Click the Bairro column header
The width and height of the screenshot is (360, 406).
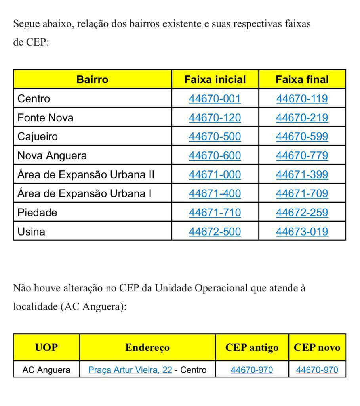click(x=92, y=79)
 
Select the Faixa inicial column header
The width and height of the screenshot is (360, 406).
click(x=215, y=79)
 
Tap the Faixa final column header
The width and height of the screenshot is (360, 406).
click(x=302, y=79)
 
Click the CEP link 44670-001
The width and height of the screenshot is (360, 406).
click(x=215, y=98)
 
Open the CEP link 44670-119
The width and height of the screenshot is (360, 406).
click(x=302, y=98)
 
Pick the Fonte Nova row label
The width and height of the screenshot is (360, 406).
click(x=45, y=117)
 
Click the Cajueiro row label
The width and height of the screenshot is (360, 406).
click(x=38, y=136)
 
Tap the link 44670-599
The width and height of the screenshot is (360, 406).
click(x=302, y=136)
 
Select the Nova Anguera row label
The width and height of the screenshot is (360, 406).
click(x=52, y=155)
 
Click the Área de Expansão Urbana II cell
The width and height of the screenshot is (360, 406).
click(x=86, y=174)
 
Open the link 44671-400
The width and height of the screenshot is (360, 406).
click(x=215, y=193)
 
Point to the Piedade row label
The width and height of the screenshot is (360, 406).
click(x=37, y=213)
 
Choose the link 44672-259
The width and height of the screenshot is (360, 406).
click(x=302, y=213)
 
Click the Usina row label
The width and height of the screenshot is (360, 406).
click(x=31, y=232)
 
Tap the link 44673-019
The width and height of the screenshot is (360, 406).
click(x=302, y=232)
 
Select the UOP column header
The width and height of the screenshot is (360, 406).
click(x=46, y=347)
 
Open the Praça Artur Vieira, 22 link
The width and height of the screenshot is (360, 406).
click(x=130, y=370)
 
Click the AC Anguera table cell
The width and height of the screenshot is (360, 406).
click(x=46, y=370)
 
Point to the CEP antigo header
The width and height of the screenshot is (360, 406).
click(x=252, y=347)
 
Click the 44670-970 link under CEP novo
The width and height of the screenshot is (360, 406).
click(x=317, y=370)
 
